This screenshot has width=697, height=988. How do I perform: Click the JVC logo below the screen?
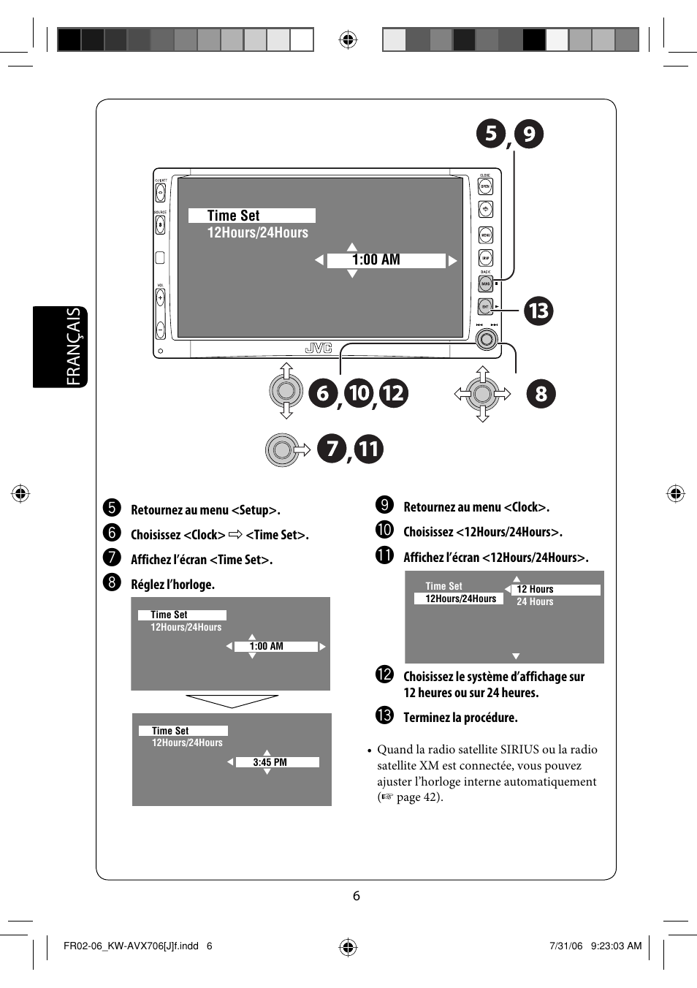[x=319, y=348]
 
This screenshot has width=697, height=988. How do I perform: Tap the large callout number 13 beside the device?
[x=538, y=311]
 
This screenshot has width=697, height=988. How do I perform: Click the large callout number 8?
[x=541, y=394]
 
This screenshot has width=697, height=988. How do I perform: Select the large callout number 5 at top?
[x=490, y=134]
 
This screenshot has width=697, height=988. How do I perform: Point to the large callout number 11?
[x=368, y=449]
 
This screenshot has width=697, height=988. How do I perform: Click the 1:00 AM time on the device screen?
[x=376, y=260]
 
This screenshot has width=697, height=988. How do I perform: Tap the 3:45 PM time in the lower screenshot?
[x=270, y=762]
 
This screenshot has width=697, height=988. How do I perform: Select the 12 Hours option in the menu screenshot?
[x=535, y=589]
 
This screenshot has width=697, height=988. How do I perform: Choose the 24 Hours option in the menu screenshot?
[x=535, y=602]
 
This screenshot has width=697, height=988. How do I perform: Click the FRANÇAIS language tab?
[x=74, y=346]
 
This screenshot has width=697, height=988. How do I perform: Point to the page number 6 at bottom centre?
[x=356, y=896]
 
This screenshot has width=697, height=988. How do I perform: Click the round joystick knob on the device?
[x=487, y=339]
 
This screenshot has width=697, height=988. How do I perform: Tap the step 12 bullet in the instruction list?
[x=384, y=674]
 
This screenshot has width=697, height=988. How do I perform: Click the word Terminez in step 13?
[x=427, y=718]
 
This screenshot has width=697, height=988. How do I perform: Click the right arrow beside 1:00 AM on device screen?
[x=453, y=261]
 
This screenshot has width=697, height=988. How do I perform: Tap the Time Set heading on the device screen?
[x=233, y=216]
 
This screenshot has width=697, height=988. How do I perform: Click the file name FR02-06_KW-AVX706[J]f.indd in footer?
[x=131, y=946]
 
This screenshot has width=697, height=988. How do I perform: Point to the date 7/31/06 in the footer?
[x=565, y=946]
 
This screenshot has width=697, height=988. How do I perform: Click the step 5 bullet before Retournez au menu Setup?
[x=112, y=508]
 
